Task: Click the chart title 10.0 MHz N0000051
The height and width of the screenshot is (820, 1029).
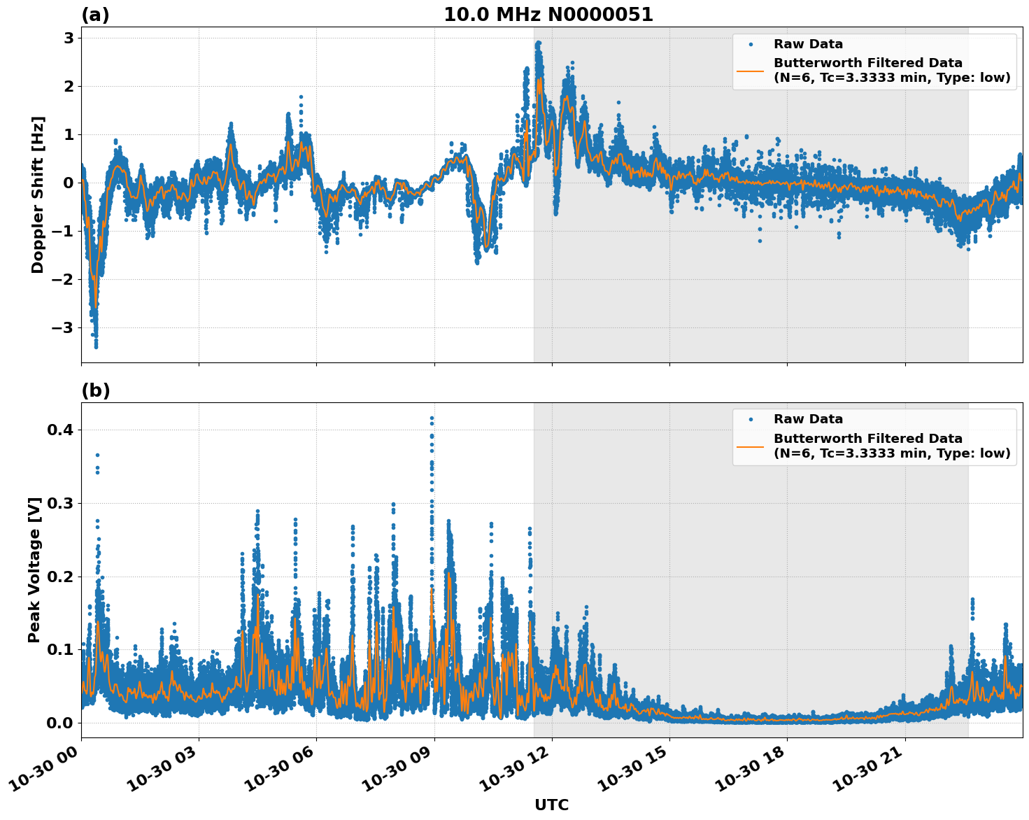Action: (548, 15)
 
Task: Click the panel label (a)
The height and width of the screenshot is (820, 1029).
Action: (95, 15)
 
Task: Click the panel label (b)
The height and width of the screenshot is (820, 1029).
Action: (96, 390)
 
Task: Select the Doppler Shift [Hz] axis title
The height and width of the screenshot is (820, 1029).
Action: (38, 195)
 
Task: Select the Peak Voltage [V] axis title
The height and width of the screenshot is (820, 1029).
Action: (35, 570)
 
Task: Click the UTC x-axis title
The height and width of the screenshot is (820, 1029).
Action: (551, 805)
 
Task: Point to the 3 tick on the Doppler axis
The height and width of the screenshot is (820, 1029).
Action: (69, 38)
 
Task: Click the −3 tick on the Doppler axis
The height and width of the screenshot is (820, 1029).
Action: (64, 327)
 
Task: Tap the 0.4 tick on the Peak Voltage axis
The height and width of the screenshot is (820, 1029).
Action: (61, 430)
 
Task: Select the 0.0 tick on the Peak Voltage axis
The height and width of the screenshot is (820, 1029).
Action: (61, 723)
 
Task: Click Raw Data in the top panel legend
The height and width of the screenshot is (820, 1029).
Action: (808, 44)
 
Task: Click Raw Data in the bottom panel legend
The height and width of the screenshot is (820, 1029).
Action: (808, 419)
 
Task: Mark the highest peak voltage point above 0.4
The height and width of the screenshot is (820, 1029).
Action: (432, 418)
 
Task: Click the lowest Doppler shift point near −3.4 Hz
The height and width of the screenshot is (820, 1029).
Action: (96, 346)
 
